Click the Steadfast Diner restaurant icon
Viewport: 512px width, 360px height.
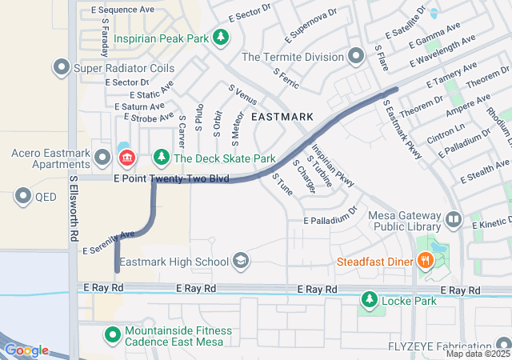coord(427,259)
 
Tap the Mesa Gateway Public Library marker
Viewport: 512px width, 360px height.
coord(453,218)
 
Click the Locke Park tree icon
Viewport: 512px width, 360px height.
coord(369,300)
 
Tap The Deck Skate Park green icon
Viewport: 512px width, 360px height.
coord(162,158)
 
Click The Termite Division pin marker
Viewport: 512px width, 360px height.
coord(356,56)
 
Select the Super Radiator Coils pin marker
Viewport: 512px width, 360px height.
coord(61,68)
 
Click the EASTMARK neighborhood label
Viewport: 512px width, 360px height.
coord(282,117)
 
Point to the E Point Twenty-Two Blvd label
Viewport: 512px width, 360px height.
coord(172,178)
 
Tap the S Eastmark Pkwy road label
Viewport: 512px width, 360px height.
coord(402,130)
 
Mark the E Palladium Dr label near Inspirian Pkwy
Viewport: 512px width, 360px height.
coord(330,216)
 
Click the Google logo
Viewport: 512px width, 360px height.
coord(27,350)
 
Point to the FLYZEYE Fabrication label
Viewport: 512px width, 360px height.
coord(443,346)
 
